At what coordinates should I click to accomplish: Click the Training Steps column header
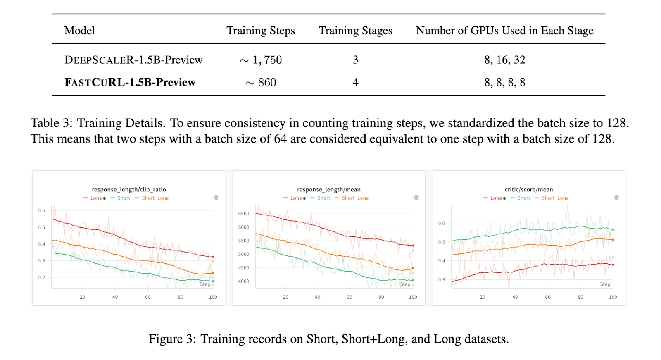(261, 31)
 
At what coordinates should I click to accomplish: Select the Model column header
(80, 31)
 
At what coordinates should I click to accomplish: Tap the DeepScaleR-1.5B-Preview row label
(133, 60)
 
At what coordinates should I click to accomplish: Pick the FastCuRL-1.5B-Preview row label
(130, 82)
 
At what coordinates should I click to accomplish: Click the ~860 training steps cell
(261, 82)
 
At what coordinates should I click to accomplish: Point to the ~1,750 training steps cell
(261, 60)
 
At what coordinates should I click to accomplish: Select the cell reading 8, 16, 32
(505, 60)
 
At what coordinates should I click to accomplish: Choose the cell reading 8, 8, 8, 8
(505, 82)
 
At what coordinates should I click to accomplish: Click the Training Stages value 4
(355, 82)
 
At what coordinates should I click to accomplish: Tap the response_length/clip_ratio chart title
(129, 190)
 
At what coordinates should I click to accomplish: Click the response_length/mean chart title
(329, 190)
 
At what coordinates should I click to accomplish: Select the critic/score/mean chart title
(529, 190)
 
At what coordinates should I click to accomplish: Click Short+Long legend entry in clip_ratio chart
(155, 198)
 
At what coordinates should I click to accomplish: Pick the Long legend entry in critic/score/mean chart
(496, 198)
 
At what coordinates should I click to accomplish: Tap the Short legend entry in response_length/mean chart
(323, 198)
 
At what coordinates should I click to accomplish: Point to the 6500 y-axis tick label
(244, 214)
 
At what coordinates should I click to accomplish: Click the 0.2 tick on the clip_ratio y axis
(42, 277)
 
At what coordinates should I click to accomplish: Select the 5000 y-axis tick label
(244, 254)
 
